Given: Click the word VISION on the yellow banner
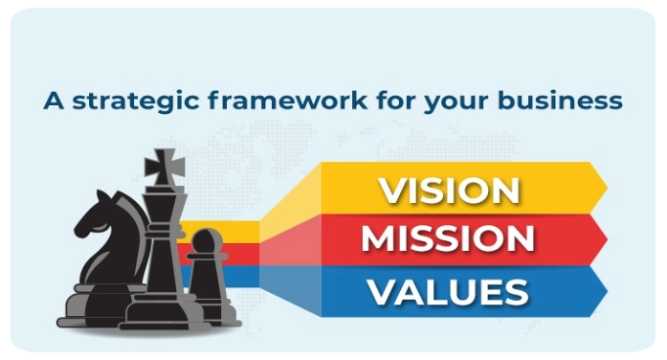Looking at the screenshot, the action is tap(450, 191).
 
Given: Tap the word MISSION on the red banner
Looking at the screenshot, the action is tap(448, 238).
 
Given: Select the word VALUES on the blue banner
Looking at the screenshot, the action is tap(449, 292).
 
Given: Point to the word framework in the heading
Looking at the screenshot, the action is tap(287, 101).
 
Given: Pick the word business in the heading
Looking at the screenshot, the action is tap(560, 101).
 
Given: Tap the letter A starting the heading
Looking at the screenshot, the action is tap(54, 101).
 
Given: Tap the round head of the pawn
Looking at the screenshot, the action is tap(207, 241).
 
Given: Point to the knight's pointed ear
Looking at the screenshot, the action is tap(102, 196).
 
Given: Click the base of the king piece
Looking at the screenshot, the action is tap(165, 315).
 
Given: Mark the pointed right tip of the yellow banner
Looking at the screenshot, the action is tap(607, 188).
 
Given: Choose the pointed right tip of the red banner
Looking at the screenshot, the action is tap(607, 239).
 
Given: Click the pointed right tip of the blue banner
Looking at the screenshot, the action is tap(607, 291).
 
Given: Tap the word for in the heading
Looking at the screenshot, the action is tap(395, 101).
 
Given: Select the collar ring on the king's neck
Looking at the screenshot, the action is tap(165, 234).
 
